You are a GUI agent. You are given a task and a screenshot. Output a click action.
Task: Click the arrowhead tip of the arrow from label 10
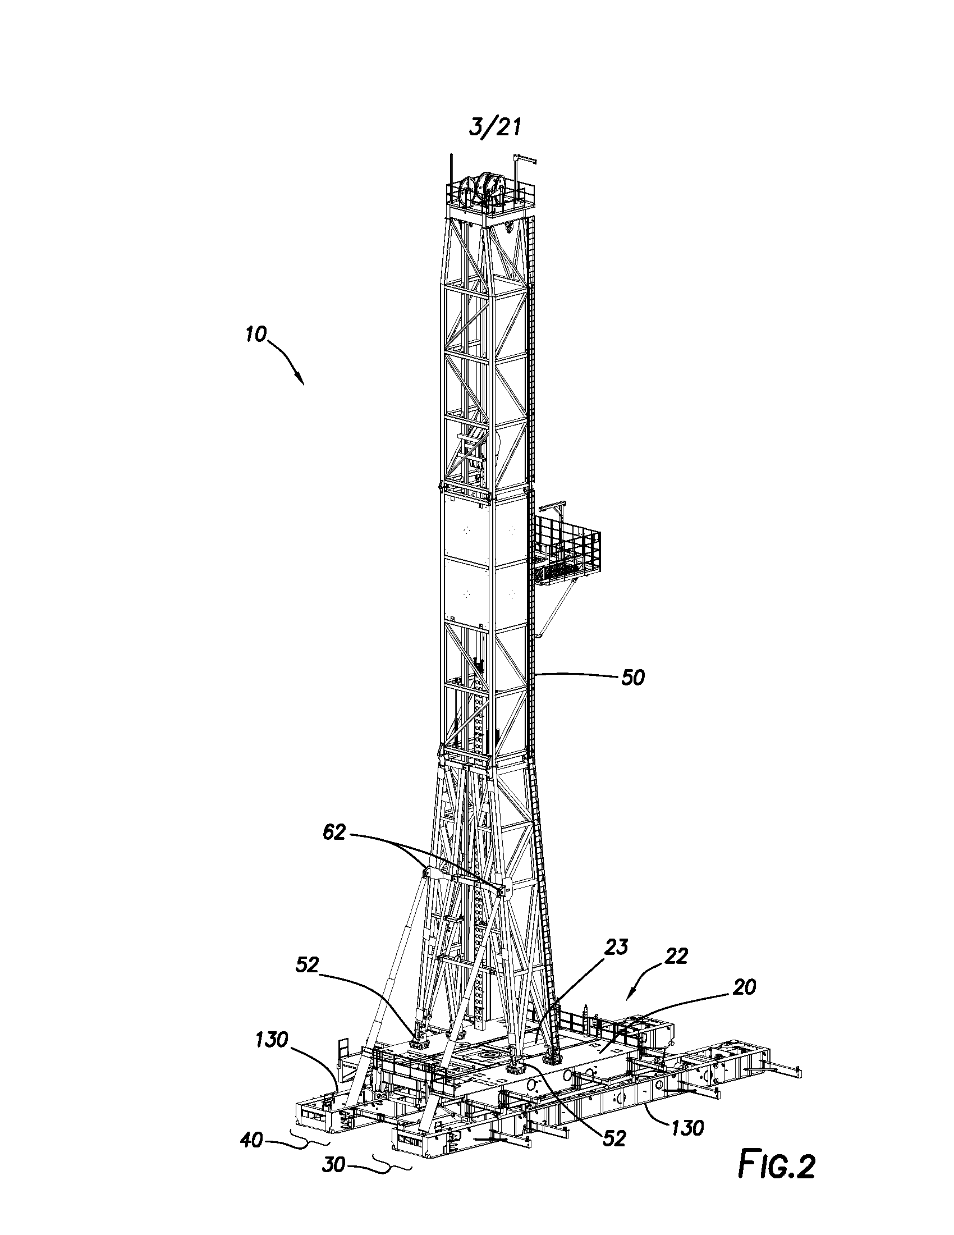303,385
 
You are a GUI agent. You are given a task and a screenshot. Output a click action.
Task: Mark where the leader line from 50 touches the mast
534,674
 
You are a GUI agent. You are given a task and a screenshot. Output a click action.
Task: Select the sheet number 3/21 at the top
494,128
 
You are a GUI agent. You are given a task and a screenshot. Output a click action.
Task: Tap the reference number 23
617,962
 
